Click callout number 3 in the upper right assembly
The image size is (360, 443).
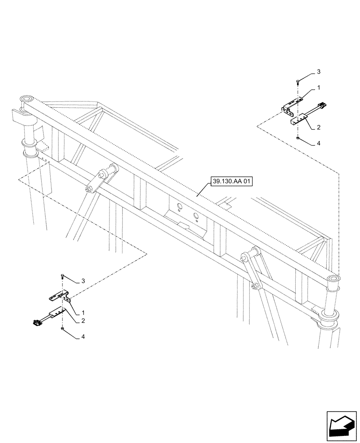click(318, 71)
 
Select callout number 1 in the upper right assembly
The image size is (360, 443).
click(318, 89)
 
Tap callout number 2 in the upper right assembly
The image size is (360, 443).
click(318, 127)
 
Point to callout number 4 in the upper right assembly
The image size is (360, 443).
click(318, 144)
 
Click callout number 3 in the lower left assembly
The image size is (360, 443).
click(83, 281)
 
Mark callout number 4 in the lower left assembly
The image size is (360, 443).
click(83, 337)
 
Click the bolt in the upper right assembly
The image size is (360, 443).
click(298, 81)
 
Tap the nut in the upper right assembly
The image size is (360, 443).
click(298, 139)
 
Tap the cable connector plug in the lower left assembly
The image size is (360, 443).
click(35, 323)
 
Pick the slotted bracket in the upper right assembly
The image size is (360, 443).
click(293, 105)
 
